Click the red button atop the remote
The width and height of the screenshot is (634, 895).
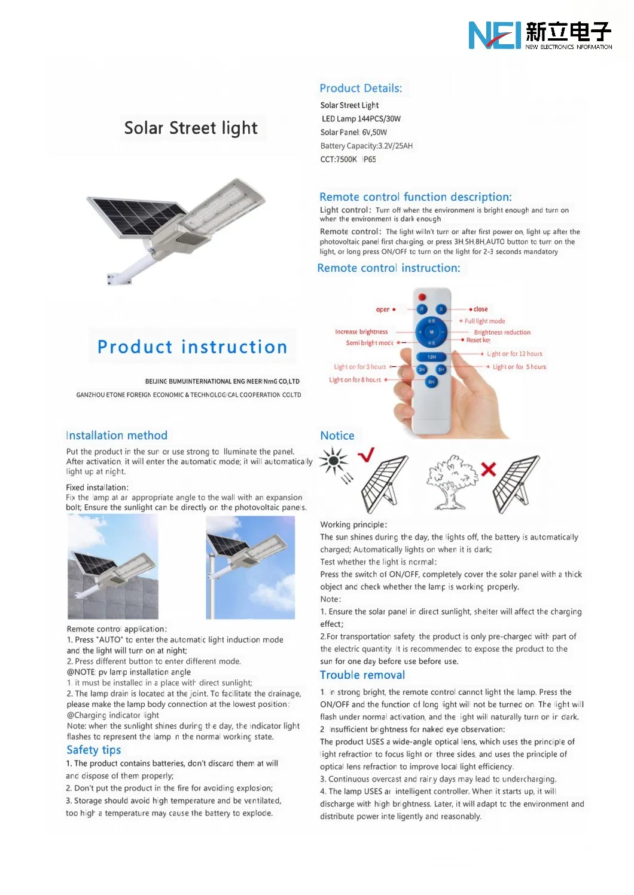tap(422, 296)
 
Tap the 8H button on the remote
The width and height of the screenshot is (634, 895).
tap(431, 382)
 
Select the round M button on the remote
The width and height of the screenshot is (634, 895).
tap(431, 332)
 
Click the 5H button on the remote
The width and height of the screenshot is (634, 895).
tap(441, 370)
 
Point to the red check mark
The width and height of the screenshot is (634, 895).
tap(366, 455)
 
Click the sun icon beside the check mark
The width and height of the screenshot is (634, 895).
tap(334, 461)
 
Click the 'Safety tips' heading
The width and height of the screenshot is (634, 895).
tap(94, 750)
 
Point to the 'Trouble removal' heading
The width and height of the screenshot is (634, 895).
tap(362, 675)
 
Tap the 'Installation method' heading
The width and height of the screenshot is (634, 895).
tap(117, 436)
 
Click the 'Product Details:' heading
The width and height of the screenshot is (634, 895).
tap(361, 88)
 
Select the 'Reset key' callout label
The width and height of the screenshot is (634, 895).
tap(478, 340)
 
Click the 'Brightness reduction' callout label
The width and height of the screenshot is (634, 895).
tap(502, 332)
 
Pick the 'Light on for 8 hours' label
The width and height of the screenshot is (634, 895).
tap(355, 380)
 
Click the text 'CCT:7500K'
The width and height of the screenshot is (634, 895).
tap(339, 160)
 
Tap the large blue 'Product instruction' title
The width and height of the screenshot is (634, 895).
tap(192, 347)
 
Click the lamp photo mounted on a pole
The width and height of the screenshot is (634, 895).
tap(250, 567)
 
